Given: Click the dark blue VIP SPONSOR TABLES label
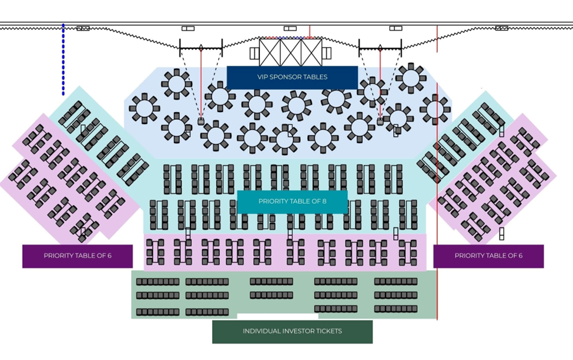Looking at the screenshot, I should coord(292,77).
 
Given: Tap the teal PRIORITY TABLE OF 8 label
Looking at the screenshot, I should coord(292,201).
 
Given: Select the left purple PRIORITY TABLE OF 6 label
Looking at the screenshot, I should coord(78,256).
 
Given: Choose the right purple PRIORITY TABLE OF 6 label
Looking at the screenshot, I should coord(488,256).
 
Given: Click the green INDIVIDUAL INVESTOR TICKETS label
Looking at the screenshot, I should coord(292,331).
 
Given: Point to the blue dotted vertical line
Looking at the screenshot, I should coord(63,59).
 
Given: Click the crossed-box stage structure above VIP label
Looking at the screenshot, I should coord(291,52).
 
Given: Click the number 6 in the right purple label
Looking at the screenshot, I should coord(520,256).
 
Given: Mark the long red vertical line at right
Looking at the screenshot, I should coord(437,176).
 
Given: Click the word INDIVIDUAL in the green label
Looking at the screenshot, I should coord(259,331).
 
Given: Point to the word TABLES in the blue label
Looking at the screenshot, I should coord(316,77).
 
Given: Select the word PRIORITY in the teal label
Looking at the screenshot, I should coord(273,201).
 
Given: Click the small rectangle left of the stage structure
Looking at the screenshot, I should coord(254,53).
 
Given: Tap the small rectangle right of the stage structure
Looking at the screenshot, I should coord(327,53).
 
